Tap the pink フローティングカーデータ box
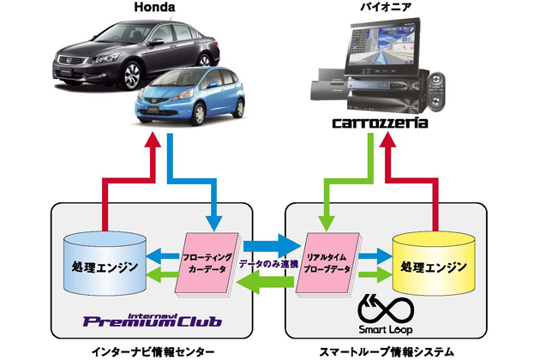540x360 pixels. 206,261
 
